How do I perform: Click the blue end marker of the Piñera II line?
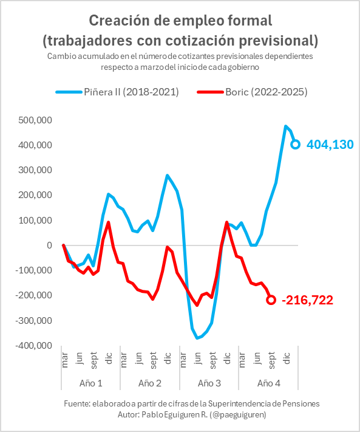coord(296,144)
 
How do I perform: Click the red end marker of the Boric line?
coord(271,300)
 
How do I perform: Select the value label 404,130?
coord(330,145)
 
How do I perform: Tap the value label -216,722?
coord(307,300)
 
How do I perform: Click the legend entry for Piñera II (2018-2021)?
coord(117,92)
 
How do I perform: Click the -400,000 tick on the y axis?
coord(33,345)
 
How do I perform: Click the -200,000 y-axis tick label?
coord(33,295)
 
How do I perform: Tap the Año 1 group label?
coord(90,383)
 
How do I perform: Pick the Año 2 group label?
coord(149,383)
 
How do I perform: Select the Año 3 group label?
coord(209,383)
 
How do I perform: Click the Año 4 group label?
coord(268,383)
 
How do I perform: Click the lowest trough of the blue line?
coord(197,338)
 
